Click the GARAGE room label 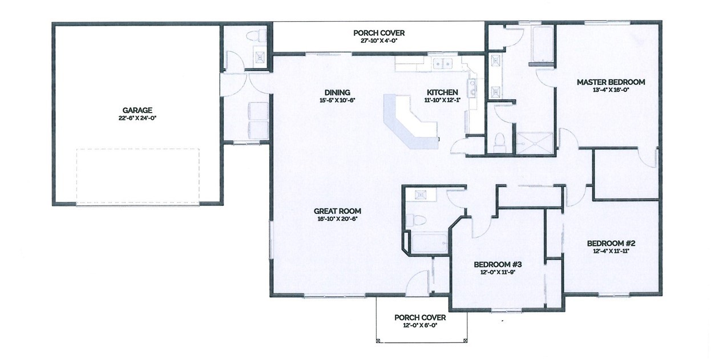137,111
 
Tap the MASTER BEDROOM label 611,82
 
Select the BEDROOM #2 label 611,244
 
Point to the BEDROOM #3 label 498,265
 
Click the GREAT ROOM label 337,211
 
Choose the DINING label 337,92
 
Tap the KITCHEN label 442,92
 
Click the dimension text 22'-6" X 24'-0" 137,118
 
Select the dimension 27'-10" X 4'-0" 379,41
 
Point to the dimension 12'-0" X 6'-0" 420,325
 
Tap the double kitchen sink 443,64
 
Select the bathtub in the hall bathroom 430,243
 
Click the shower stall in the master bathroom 535,144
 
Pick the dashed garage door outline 138,176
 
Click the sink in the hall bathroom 421,195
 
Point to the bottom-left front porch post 378,341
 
